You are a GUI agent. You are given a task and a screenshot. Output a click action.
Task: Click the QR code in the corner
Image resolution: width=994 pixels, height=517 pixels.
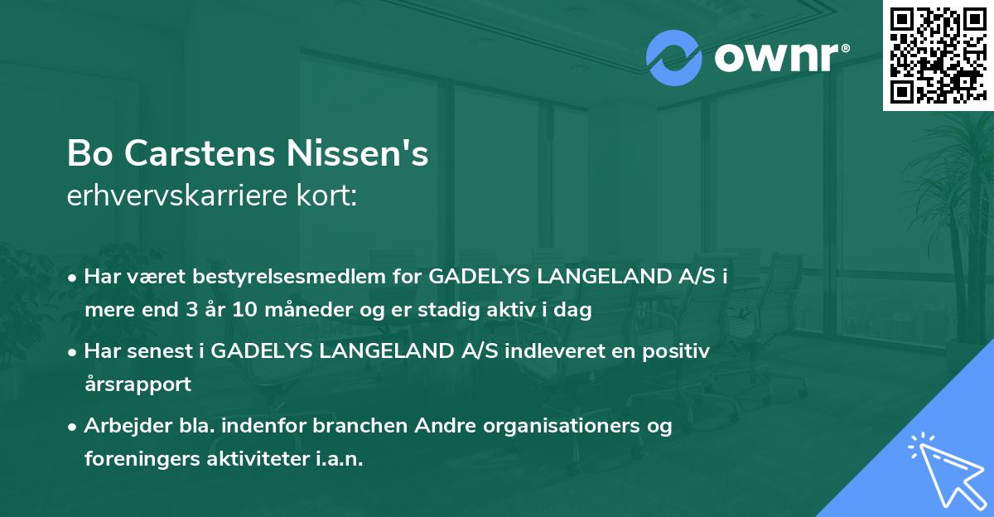pyautogui.click(x=939, y=56)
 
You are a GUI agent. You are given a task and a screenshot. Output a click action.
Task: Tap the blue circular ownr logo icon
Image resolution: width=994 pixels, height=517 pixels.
pyautogui.click(x=675, y=58)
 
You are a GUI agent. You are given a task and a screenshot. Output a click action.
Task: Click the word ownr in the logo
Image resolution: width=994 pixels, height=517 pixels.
pyautogui.click(x=779, y=58)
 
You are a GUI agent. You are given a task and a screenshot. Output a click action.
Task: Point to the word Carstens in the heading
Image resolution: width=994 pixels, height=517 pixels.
pyautogui.click(x=200, y=155)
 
